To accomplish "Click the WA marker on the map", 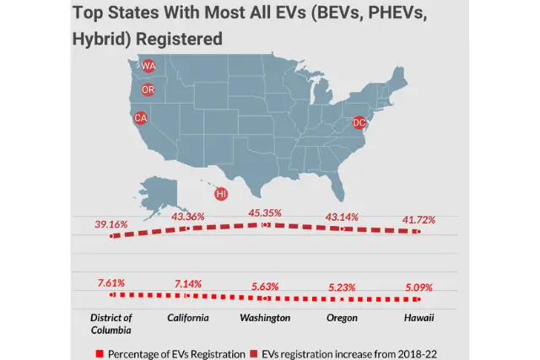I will [148, 66].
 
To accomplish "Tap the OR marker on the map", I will [148, 90].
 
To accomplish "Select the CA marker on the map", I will [141, 118].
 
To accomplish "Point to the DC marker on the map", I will [359, 123].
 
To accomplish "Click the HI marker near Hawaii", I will [221, 194].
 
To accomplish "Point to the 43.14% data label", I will [341, 217].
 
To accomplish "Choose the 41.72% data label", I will [418, 220].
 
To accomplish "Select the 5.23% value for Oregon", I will [341, 287].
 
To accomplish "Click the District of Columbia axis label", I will [111, 323].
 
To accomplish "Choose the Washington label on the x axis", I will [264, 318].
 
